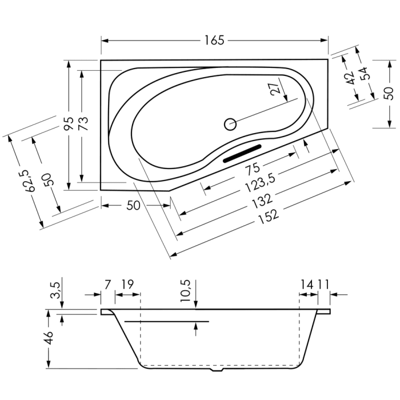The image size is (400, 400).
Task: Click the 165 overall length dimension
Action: coord(214,41)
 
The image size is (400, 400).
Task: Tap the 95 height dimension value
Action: coord(69,123)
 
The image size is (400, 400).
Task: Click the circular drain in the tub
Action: coord(230,124)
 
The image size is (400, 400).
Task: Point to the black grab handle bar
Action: coord(242,154)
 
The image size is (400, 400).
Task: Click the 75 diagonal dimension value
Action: coord(253,169)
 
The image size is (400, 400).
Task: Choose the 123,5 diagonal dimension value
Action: coord(261,183)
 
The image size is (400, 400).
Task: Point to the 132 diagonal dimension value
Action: coord(262,201)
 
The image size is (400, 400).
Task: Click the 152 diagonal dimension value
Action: coord(269,215)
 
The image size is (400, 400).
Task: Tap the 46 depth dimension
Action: coord(49,338)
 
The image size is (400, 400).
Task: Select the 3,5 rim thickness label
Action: coord(55,290)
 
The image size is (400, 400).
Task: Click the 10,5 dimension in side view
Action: coord(186,291)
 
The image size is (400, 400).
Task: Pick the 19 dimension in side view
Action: coord(127,284)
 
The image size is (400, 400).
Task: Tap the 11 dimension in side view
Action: coord(323,284)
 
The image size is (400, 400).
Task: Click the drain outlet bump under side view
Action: coord(217,369)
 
